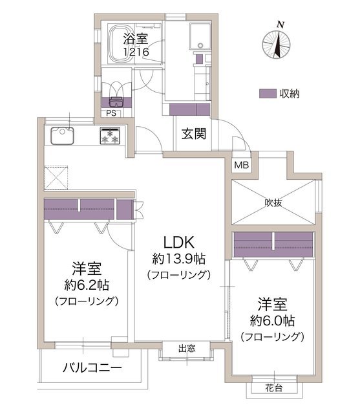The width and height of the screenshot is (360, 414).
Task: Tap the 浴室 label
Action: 135,39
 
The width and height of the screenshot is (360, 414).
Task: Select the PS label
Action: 111,113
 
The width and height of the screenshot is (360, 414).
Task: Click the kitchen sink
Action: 62,135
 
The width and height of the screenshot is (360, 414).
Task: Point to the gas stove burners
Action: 110,136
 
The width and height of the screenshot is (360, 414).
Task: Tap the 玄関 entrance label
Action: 194,134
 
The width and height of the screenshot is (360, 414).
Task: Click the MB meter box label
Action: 242,166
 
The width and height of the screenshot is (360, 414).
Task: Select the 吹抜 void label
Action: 273,202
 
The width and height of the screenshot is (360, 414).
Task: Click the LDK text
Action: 179,243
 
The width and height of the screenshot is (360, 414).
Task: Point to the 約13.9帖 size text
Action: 179,259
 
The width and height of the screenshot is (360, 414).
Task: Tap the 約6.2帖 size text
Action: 87,285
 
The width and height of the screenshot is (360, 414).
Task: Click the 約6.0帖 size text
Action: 273,321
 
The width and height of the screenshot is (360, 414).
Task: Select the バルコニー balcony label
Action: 92,367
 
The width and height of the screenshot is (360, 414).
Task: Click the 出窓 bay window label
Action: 187,349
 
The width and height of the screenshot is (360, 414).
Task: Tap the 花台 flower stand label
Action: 274,388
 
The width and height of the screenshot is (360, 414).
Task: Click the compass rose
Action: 276,44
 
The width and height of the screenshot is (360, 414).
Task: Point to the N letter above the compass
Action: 281,25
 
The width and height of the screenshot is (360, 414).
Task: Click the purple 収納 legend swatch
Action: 268,94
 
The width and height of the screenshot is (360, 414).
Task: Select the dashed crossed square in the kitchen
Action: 56,177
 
